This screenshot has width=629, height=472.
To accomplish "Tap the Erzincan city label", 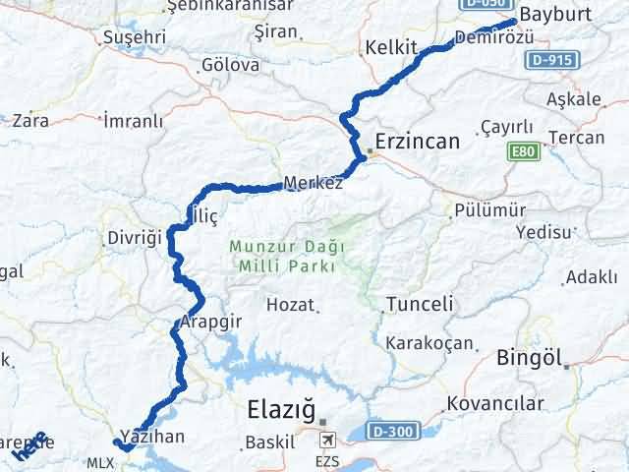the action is pos(416,142).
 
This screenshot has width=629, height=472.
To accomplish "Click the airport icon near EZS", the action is pos(326,441).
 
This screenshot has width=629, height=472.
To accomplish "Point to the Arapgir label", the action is pos(210,322).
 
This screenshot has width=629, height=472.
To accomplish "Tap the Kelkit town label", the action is pos(391,47).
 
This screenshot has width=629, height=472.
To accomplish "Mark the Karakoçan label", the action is pos(429,343).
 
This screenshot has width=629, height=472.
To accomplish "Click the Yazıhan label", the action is pos(151,435).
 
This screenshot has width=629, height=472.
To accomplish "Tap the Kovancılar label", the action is pos(494,403).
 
